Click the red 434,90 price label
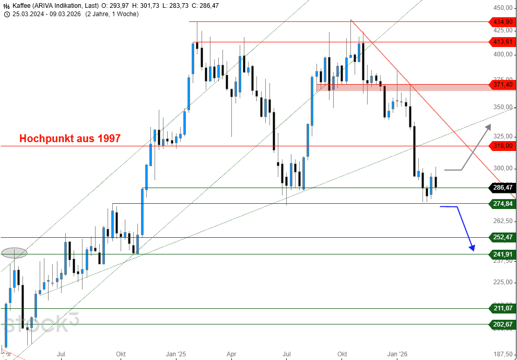point(502,22)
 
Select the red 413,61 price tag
point(502,42)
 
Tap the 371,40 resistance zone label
point(502,85)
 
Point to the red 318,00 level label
point(502,146)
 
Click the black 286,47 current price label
point(502,188)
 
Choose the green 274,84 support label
point(502,203)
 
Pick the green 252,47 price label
point(502,237)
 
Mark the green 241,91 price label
point(502,254)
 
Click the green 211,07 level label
point(502,308)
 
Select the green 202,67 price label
point(502,324)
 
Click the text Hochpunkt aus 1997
point(70,138)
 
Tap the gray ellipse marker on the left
point(14,253)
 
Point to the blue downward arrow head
point(472,247)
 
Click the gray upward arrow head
point(488,126)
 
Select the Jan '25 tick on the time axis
point(175,354)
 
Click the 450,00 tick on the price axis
point(501,8)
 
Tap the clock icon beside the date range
point(7,14)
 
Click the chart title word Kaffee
point(21,5)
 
